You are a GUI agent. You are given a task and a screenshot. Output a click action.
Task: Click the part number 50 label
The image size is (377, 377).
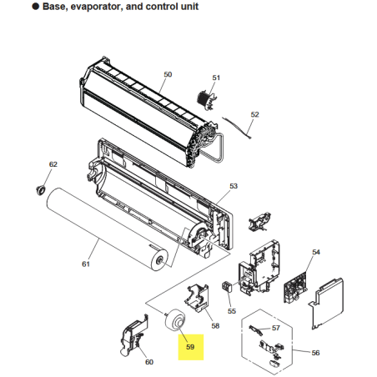(168, 74)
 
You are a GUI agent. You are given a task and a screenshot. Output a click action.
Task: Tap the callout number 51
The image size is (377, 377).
(216, 78)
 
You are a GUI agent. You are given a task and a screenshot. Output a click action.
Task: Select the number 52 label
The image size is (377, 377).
(254, 114)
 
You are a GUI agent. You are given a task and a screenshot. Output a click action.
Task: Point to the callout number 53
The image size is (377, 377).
(234, 186)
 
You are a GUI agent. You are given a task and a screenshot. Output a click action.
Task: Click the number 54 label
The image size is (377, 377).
(316, 252)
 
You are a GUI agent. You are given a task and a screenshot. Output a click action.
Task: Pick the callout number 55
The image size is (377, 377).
(232, 311)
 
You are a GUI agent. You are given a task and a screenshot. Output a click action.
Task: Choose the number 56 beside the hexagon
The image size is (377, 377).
(315, 353)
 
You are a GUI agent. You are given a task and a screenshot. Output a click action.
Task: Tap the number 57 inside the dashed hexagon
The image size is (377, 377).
(275, 328)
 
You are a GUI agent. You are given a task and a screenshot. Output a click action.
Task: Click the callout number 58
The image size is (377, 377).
(215, 326)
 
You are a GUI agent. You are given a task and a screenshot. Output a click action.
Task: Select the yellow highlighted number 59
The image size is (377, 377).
(190, 347)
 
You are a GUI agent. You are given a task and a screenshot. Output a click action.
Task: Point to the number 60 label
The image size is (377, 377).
(149, 362)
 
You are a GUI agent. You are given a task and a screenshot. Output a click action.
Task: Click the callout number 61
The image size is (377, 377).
(86, 264)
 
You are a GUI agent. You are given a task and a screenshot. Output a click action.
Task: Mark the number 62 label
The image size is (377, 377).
(53, 164)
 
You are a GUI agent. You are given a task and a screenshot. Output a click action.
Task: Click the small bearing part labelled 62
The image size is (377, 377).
(41, 190)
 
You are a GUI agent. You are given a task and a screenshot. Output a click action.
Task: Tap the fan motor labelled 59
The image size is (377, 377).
(175, 319)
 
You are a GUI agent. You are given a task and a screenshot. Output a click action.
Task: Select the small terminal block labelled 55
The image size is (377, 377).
(227, 286)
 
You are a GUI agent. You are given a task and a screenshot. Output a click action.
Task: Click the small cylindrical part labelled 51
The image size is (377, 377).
(206, 99)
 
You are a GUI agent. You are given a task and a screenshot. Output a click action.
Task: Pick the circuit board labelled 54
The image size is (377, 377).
(296, 289)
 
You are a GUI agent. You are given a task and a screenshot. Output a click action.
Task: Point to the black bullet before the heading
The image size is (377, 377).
(36, 6)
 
